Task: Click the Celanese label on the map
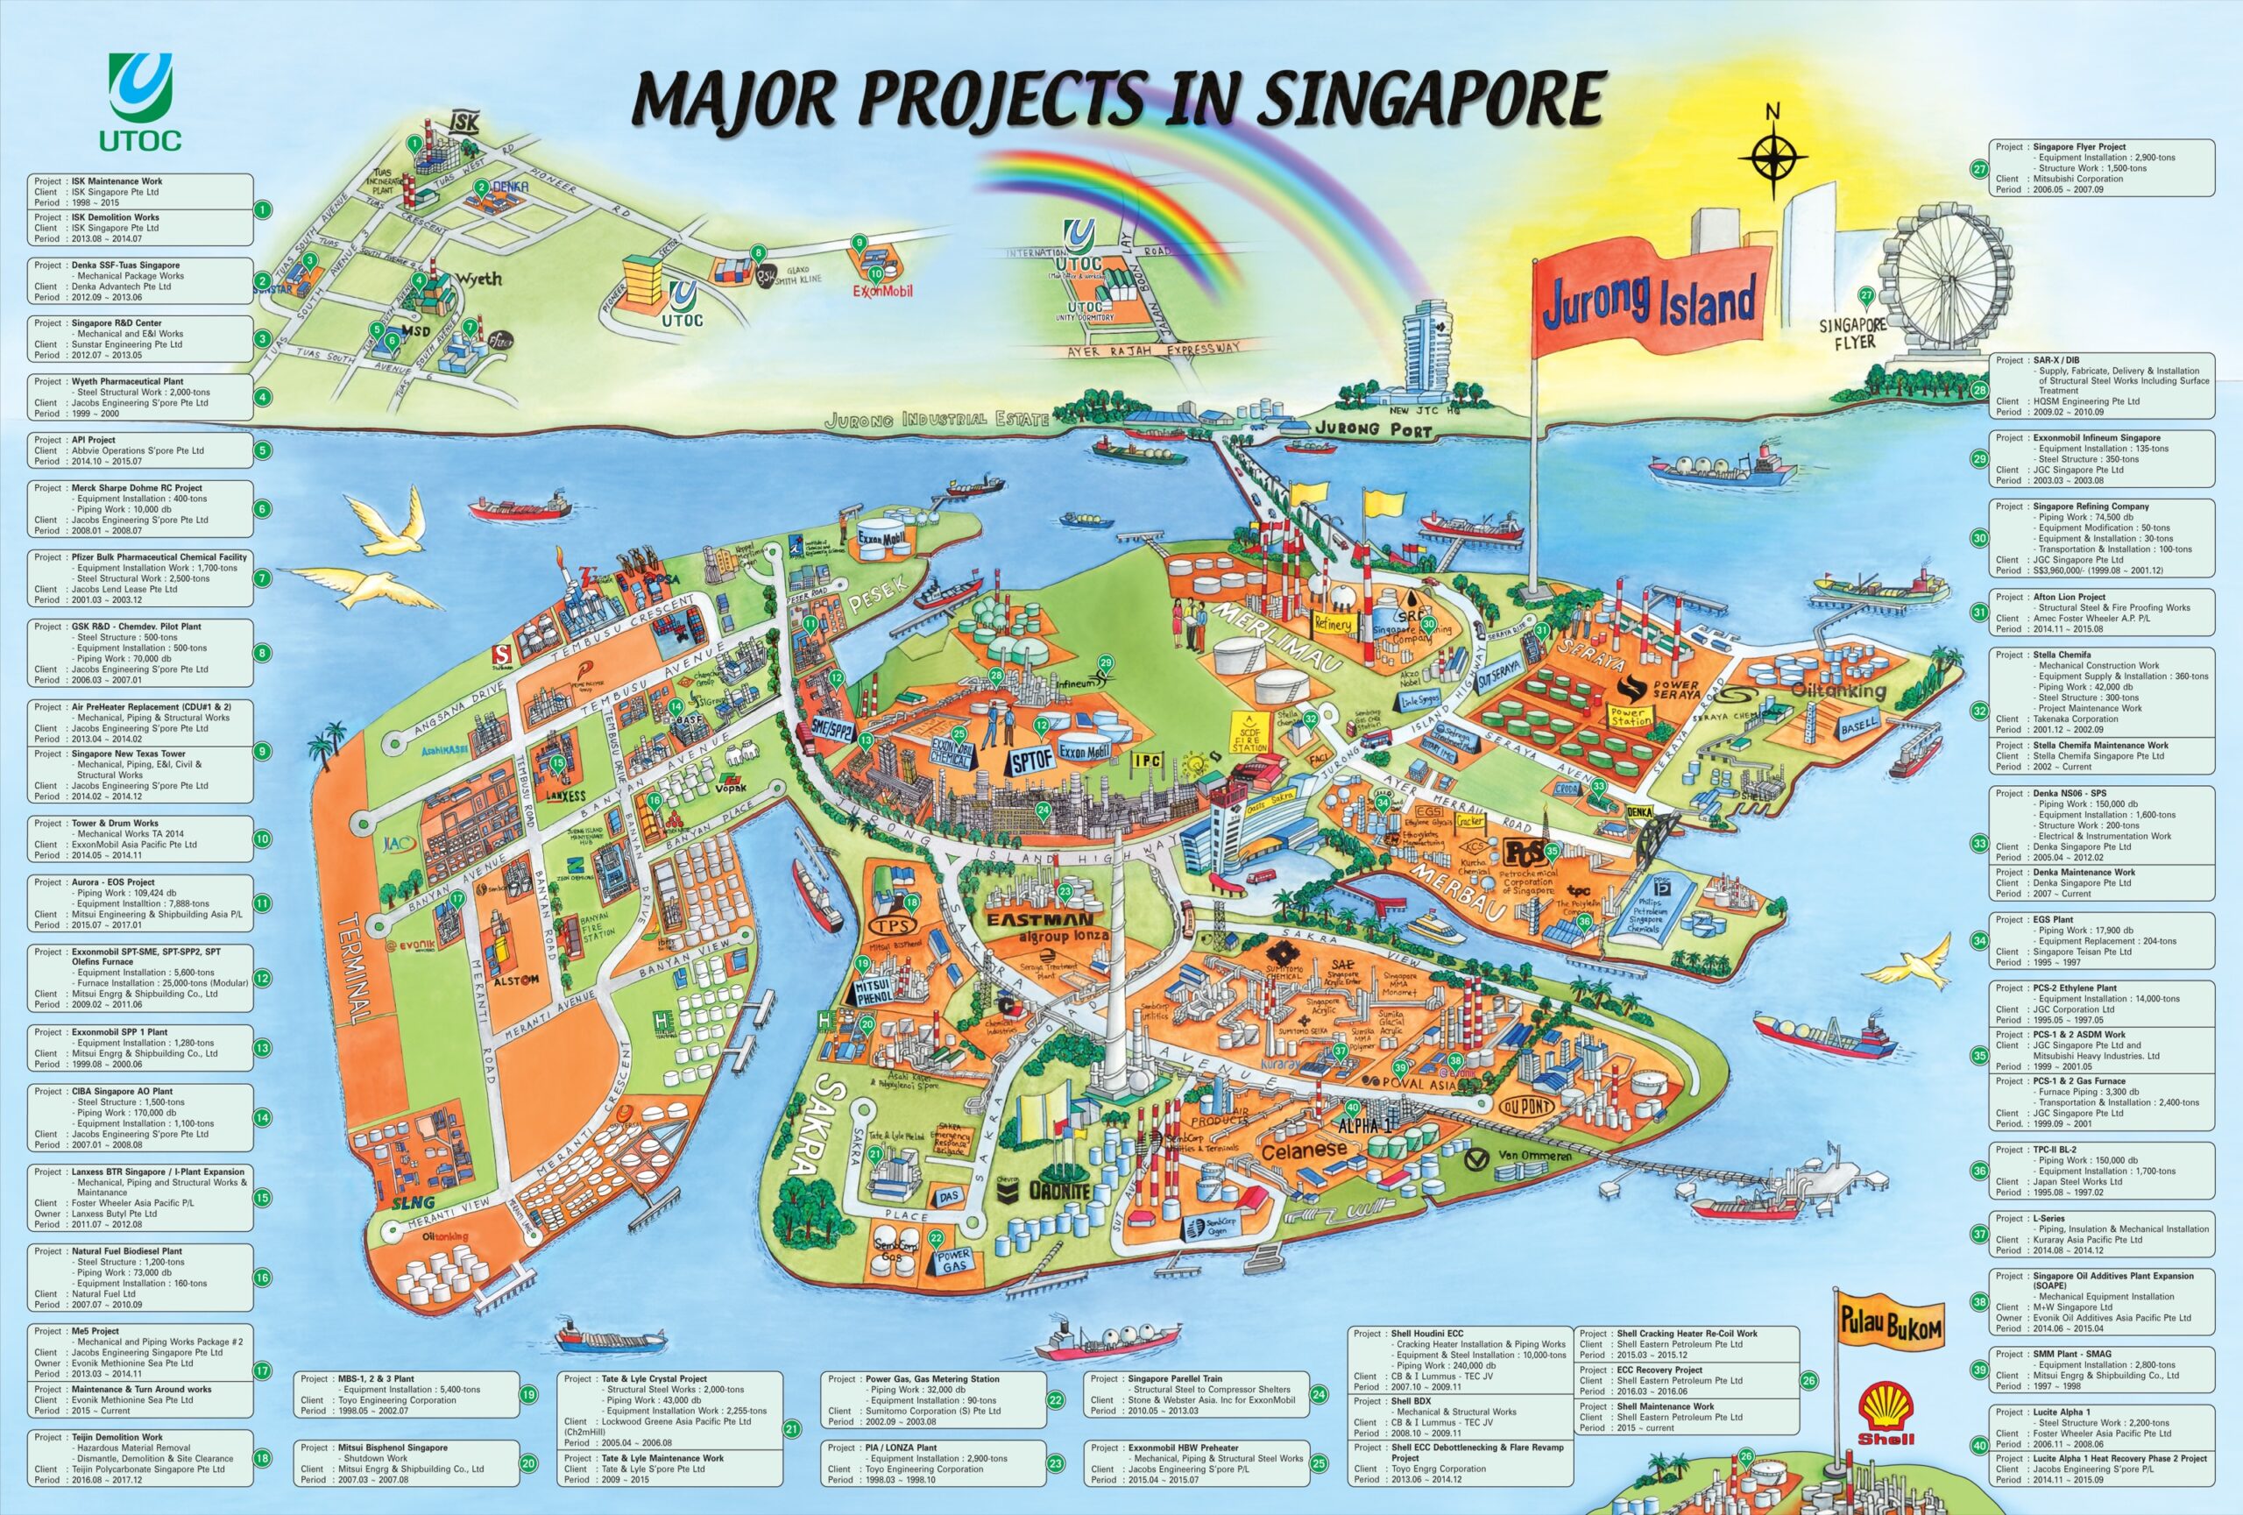click(x=1303, y=1150)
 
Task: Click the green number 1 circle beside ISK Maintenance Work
click(x=262, y=209)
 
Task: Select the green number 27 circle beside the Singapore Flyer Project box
click(x=1978, y=168)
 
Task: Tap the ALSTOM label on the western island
click(x=514, y=980)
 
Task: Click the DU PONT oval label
click(x=1526, y=1106)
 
